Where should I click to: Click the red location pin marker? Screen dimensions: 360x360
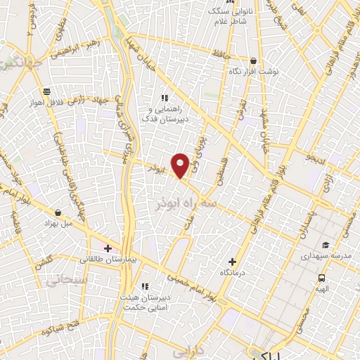click(181, 165)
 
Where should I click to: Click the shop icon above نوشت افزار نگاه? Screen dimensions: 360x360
click(252, 60)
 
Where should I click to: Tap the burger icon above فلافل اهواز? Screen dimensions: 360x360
click(46, 91)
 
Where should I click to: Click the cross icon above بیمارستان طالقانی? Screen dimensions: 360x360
click(107, 248)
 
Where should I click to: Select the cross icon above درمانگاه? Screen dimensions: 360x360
click(232, 262)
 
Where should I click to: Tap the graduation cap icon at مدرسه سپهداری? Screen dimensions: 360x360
click(326, 245)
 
